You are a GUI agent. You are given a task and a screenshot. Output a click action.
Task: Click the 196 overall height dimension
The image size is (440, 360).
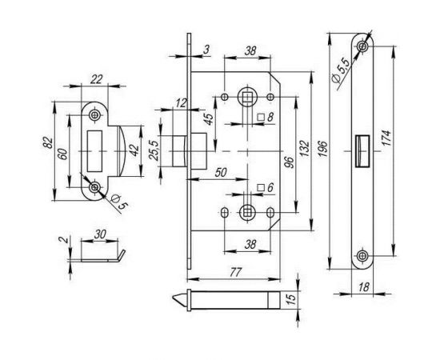point(323,149)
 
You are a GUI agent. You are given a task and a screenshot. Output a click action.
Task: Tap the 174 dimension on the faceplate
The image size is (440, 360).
point(386,138)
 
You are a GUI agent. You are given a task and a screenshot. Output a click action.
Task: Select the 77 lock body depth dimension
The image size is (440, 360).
point(235,272)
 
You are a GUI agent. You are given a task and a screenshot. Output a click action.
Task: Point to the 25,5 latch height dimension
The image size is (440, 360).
point(154,150)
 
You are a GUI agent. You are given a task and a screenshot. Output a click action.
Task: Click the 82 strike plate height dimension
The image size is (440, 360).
point(48,142)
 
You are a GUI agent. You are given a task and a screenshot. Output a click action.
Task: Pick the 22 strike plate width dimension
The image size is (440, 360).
point(96,79)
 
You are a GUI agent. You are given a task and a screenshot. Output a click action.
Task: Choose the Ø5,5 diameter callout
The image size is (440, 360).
point(340,71)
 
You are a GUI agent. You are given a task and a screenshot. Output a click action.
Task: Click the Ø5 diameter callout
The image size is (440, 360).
point(119,202)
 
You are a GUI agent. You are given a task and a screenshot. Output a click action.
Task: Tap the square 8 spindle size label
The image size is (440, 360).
point(266,117)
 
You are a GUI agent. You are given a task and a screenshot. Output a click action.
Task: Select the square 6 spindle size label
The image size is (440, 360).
point(266,187)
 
